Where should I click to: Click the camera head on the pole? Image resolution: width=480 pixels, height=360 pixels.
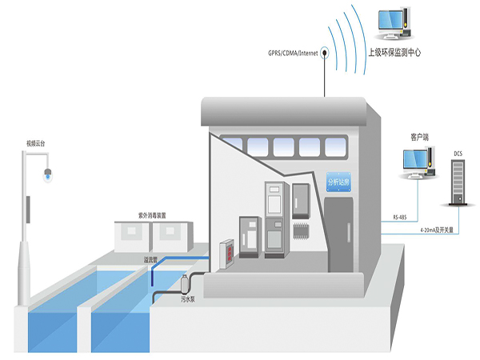(x=47, y=171)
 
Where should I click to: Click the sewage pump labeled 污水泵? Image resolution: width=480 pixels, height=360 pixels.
(x=186, y=285)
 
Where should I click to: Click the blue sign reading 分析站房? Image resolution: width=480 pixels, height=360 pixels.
(x=340, y=183)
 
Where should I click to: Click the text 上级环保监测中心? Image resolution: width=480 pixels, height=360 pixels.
(x=394, y=53)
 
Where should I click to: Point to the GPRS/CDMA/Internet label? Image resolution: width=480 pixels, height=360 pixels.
(x=293, y=54)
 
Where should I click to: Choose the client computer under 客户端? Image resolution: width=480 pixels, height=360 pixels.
(x=418, y=165)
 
